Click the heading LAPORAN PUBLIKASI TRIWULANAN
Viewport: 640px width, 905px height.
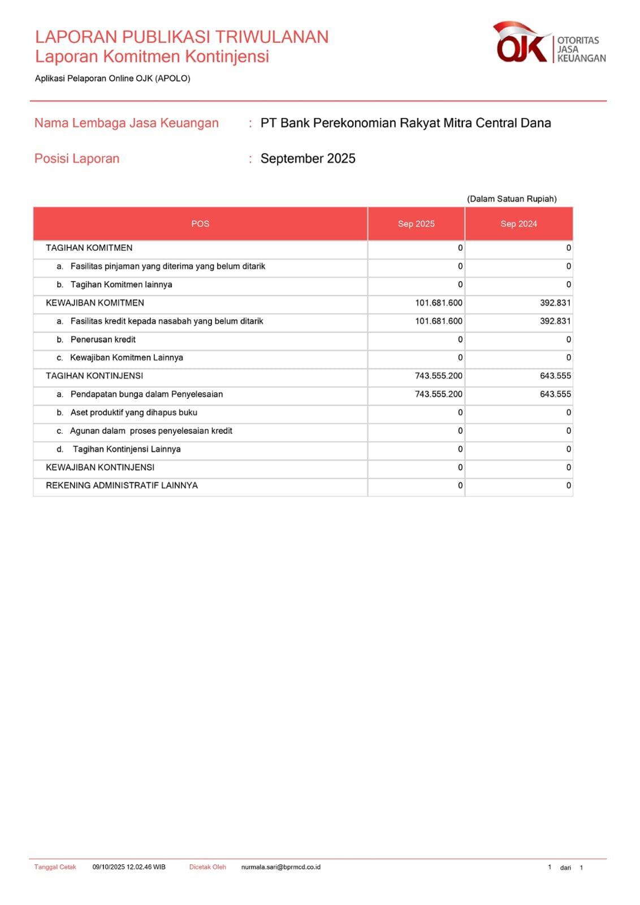(181, 37)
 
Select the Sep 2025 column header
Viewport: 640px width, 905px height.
(416, 224)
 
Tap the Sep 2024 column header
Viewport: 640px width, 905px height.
(518, 224)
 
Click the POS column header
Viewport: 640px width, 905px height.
(200, 224)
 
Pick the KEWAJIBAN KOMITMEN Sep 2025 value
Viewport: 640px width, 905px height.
(439, 303)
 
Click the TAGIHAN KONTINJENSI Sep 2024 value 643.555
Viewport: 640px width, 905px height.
(555, 376)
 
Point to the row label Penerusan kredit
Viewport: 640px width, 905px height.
(103, 340)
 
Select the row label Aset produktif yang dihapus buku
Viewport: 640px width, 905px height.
(133, 413)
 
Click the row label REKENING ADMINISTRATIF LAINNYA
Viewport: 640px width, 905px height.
(122, 486)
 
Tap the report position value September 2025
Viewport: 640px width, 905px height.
(308, 159)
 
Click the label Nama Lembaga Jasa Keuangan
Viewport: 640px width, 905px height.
(126, 123)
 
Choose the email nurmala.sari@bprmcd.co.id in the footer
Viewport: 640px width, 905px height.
(280, 867)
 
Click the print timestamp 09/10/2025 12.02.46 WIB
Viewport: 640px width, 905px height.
(129, 867)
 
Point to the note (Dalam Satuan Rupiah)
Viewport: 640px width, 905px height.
(512, 199)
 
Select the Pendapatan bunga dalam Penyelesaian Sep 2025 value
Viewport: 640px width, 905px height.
(439, 394)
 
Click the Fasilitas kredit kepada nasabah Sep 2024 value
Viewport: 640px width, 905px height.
(555, 321)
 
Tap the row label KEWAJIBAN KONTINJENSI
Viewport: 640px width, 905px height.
(100, 468)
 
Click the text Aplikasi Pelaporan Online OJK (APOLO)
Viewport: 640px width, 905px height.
(113, 79)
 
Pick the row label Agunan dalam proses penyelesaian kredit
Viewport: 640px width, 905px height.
(151, 431)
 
